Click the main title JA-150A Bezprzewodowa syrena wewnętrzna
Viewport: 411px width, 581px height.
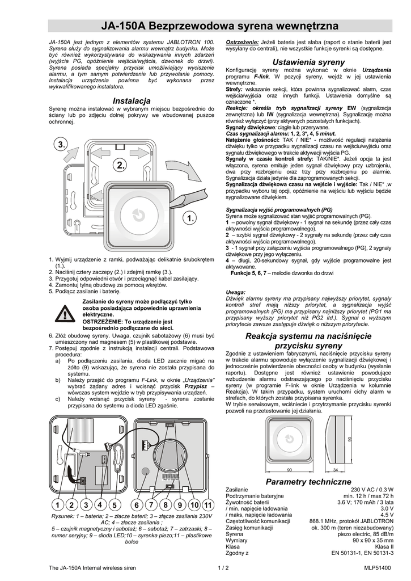pos(219,27)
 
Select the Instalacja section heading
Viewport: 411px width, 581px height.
pos(131,100)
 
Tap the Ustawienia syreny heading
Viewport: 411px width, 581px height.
pos(308,61)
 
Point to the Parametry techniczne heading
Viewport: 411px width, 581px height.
pos(308,481)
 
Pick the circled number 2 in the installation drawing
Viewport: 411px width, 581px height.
pos(120,166)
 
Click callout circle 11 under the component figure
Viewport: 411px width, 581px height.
pos(208,504)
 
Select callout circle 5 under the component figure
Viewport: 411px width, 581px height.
pos(114,504)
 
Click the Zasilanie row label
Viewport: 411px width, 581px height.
pos(236,490)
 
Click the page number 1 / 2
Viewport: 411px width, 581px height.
pos(222,567)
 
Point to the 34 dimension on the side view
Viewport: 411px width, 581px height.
pos(335,470)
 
